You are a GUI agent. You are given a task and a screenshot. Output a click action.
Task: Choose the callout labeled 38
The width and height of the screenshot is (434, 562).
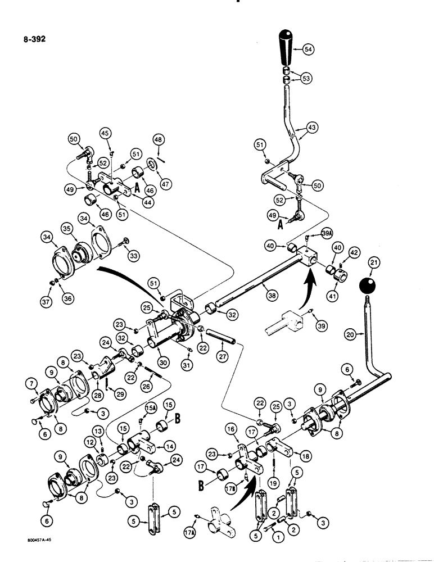tap(265, 285)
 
